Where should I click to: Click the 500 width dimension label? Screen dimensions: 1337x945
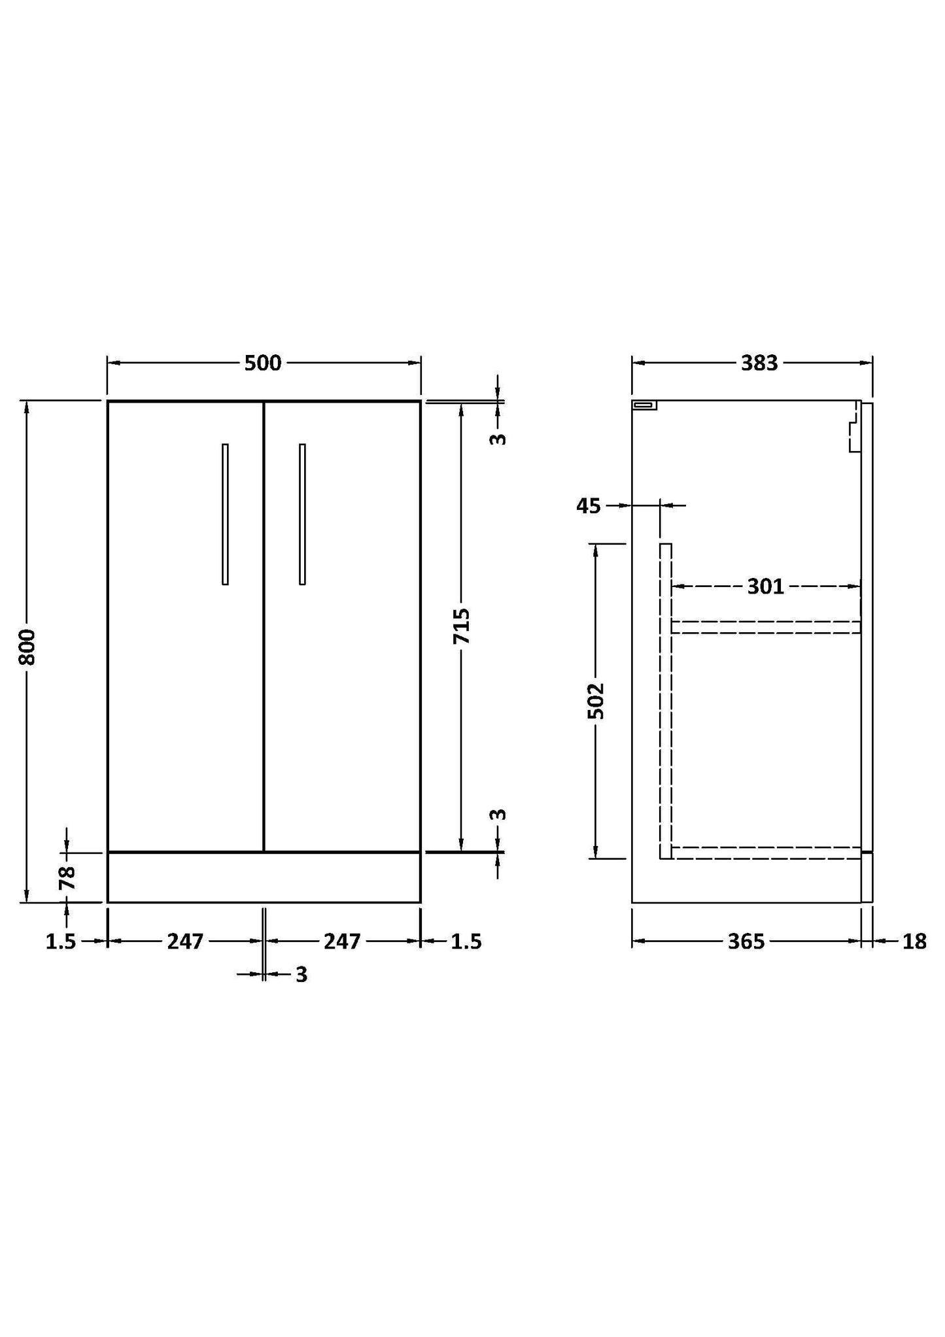click(x=263, y=363)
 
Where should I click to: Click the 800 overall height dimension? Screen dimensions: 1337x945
click(x=27, y=647)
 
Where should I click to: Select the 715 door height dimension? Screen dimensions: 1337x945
click(x=462, y=626)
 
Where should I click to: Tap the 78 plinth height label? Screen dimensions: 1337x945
click(x=67, y=878)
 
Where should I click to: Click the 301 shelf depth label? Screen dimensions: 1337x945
click(x=765, y=586)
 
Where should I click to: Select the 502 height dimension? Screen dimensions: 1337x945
click(x=596, y=700)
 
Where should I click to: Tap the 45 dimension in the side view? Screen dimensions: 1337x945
click(x=588, y=505)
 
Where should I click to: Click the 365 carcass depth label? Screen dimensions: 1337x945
click(x=746, y=941)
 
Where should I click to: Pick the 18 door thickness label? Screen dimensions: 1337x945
click(x=914, y=941)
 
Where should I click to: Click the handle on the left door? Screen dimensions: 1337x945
click(x=225, y=514)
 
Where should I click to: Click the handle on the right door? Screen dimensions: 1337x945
click(x=302, y=514)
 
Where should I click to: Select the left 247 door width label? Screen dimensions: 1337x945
click(x=185, y=941)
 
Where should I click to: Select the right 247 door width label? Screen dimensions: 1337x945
click(x=342, y=941)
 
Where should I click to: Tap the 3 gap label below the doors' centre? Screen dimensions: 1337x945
click(x=301, y=975)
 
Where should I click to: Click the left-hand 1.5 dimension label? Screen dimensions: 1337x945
click(x=61, y=941)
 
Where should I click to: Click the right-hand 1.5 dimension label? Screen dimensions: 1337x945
click(x=466, y=941)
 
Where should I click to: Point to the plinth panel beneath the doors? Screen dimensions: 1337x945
click(x=264, y=877)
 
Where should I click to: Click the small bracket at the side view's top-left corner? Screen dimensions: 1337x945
click(x=644, y=405)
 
